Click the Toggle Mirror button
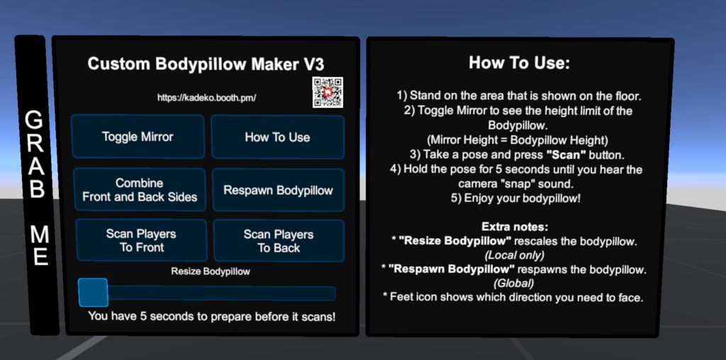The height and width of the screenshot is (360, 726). (x=138, y=137)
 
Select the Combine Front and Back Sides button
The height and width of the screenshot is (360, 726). (x=140, y=190)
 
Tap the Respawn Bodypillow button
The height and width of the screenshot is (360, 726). (x=278, y=190)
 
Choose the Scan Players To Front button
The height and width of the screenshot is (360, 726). (x=141, y=240)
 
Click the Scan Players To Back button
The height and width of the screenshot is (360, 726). (x=278, y=241)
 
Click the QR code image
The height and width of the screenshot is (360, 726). (x=328, y=92)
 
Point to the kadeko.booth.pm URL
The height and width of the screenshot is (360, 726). (x=206, y=98)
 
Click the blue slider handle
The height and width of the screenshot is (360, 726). (x=93, y=293)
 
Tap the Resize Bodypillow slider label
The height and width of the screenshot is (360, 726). (x=211, y=271)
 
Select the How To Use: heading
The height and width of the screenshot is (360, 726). (x=519, y=63)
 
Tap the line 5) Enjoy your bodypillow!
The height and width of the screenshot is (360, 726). (x=519, y=198)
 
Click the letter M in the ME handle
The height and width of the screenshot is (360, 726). (x=40, y=233)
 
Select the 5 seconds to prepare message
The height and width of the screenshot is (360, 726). (x=211, y=316)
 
